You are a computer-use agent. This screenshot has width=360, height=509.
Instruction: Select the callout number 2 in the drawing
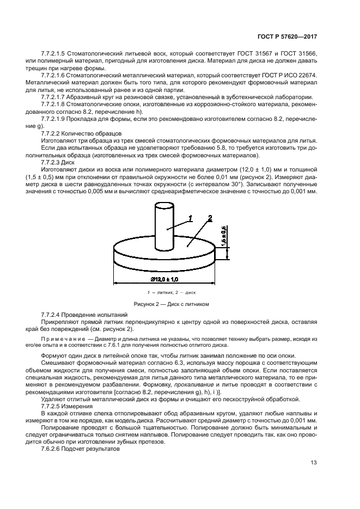click(x=209, y=219)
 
